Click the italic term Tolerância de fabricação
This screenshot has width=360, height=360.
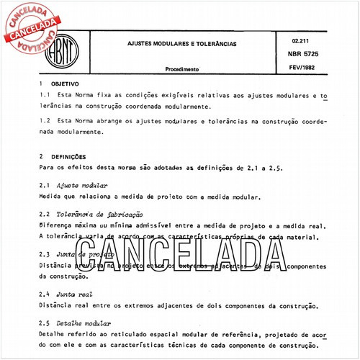[x=101, y=215]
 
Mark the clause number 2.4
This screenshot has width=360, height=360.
[x=45, y=294]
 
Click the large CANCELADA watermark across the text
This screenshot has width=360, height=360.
[x=181, y=256]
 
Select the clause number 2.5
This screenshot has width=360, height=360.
[x=45, y=324]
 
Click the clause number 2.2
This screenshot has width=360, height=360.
[x=45, y=215]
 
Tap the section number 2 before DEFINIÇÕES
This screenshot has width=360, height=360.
[x=42, y=156]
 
